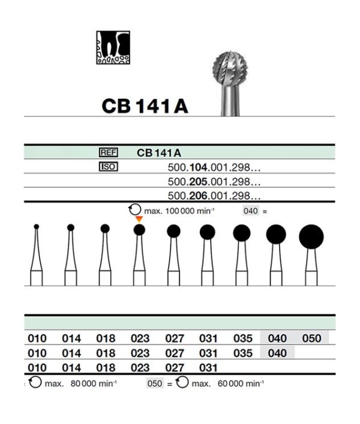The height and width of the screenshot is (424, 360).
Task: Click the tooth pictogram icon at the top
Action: click(x=113, y=47)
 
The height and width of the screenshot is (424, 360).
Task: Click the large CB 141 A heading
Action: click(x=145, y=106)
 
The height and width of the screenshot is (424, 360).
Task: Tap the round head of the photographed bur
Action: click(x=230, y=68)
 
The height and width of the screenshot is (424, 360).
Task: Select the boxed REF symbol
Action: click(x=109, y=152)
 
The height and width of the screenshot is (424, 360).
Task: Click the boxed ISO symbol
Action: click(x=109, y=167)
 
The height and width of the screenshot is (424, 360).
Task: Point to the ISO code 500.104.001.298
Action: click(x=214, y=168)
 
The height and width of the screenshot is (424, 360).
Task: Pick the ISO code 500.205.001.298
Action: click(x=214, y=182)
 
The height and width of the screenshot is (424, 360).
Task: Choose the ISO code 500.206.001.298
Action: click(x=214, y=196)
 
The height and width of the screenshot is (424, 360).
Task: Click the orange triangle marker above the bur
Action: click(x=139, y=219)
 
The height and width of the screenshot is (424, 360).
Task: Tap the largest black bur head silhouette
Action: click(x=311, y=237)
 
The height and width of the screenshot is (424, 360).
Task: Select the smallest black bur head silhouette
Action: click(x=36, y=227)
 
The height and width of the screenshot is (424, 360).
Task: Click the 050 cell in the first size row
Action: click(x=311, y=338)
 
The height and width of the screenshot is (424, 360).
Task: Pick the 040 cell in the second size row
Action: click(x=277, y=353)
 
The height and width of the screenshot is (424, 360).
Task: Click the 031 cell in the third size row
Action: click(x=208, y=368)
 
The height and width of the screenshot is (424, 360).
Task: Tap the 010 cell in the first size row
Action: click(x=37, y=338)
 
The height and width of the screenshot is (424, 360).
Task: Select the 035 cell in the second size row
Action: click(x=243, y=353)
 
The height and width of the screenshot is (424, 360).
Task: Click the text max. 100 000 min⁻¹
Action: click(x=179, y=211)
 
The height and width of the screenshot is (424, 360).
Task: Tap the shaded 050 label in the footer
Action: click(x=155, y=383)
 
